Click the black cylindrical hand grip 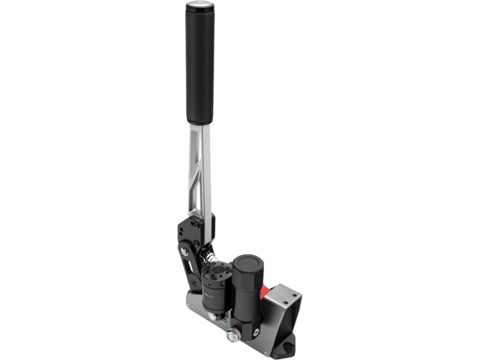point(199,64)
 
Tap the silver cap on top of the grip point(199,5)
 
